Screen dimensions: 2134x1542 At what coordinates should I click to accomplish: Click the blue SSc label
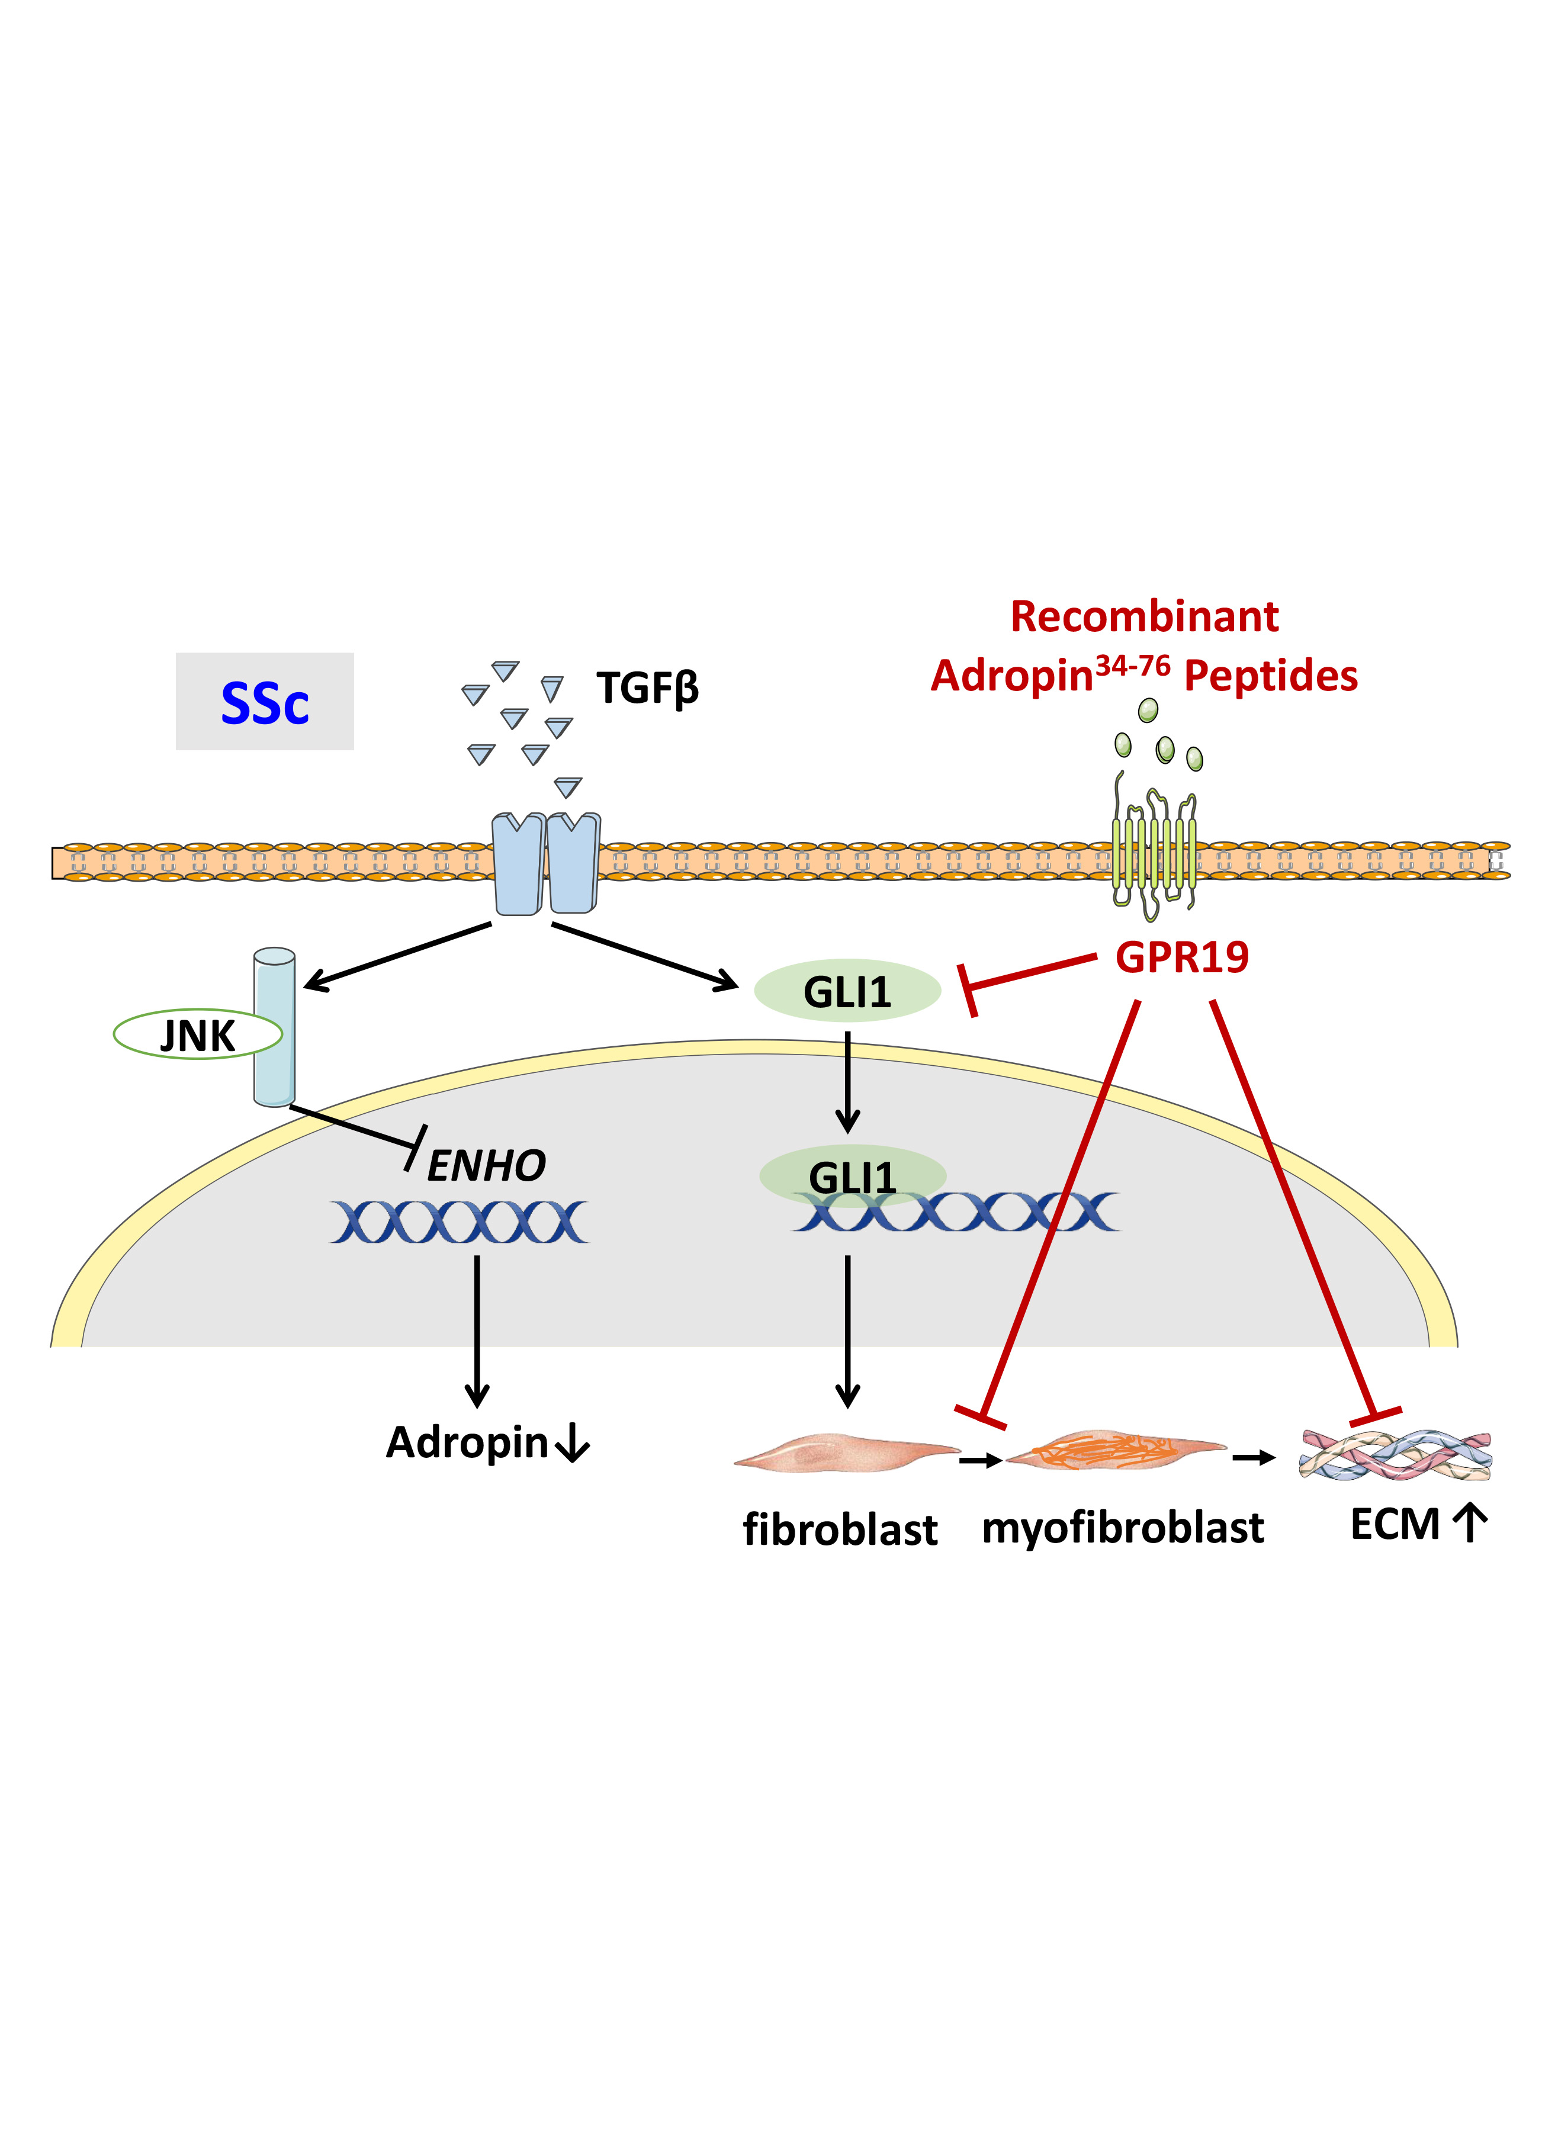tap(264, 703)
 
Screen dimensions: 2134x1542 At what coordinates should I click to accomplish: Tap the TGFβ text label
tap(647, 689)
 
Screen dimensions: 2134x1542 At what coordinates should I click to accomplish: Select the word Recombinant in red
tap(1144, 617)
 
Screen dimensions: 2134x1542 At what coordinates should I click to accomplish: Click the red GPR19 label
tap(1181, 957)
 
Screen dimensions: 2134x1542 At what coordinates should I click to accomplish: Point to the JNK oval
tap(198, 1035)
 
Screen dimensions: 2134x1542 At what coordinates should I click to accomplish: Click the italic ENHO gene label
tap(486, 1166)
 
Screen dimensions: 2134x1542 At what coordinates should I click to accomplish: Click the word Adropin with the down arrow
tap(468, 1442)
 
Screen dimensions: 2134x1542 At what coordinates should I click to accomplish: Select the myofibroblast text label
tap(1122, 1527)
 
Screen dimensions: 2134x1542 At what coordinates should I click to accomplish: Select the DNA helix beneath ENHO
tap(459, 1222)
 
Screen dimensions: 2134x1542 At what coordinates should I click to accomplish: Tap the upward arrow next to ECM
tap(1470, 1524)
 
